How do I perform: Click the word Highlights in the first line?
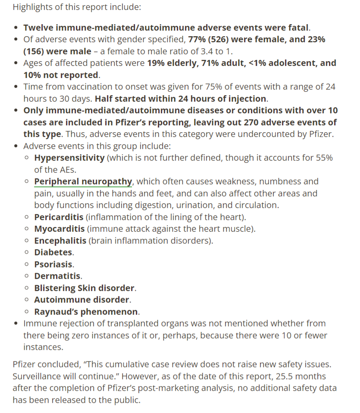tap(31, 7)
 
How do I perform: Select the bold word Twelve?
tap(38, 28)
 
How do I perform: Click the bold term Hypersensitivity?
tap(69, 158)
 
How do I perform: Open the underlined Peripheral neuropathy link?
tap(83, 181)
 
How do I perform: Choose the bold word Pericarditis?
tap(59, 217)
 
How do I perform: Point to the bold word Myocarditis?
tap(59, 228)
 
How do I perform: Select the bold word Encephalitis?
tap(60, 240)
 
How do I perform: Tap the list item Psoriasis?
tap(53, 264)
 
